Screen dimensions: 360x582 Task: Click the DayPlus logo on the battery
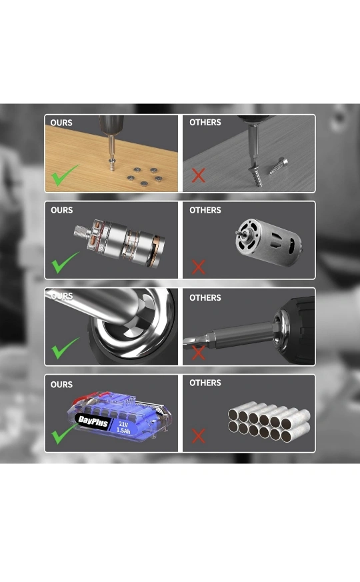coord(93,421)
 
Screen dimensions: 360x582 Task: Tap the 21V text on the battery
coord(123,424)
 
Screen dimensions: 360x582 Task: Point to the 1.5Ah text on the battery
coord(123,430)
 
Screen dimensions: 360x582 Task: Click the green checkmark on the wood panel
coord(65,175)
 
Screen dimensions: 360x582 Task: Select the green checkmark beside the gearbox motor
coord(65,263)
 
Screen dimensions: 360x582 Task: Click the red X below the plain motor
coord(199,267)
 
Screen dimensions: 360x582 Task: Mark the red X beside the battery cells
coord(199,436)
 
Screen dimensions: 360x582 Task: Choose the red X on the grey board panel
coord(199,175)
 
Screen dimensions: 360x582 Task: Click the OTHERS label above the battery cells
coord(205,383)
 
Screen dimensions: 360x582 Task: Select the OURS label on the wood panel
coord(61,123)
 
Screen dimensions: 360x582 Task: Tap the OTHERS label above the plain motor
coord(205,210)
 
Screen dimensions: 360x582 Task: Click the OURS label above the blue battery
coord(61,385)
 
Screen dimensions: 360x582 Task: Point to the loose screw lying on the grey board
coord(279,166)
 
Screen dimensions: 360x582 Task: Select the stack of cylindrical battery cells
coord(269,421)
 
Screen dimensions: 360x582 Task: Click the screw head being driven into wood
coord(111,161)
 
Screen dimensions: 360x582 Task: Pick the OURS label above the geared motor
coord(61,210)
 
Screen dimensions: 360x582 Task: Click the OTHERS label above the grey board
coord(205,122)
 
